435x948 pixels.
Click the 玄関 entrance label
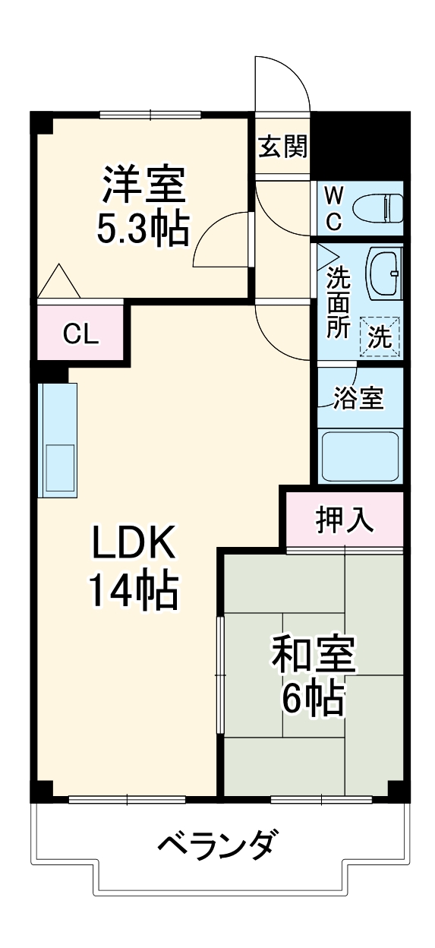283,147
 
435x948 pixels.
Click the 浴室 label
358,398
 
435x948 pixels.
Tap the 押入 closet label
345,520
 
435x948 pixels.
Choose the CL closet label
80,334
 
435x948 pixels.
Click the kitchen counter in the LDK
58,441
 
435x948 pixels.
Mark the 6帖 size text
313,700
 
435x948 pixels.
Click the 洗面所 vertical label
339,302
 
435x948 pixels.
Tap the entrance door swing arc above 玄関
283,84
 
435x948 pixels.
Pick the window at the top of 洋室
150,115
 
